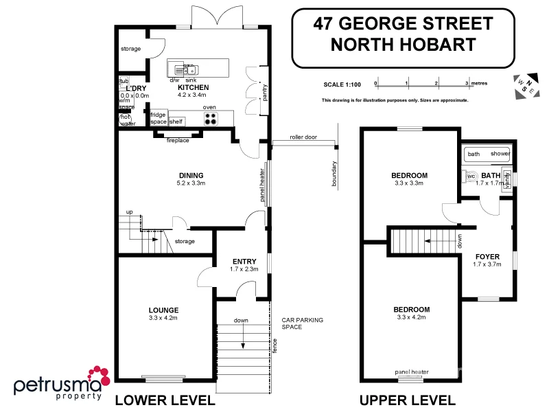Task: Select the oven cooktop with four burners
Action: coord(211,118)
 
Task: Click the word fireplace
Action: coord(178,140)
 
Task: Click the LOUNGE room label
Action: coord(163,310)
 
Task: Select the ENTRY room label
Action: coord(244,261)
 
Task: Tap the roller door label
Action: coord(303,137)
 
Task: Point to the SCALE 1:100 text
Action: coord(342,84)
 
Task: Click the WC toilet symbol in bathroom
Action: coord(471,176)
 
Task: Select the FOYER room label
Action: coord(487,257)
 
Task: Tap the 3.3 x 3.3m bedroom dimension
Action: coord(410,183)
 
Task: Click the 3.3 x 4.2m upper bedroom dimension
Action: coord(412,317)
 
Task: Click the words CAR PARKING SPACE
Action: coord(302,323)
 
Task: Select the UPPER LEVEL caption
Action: coord(407,400)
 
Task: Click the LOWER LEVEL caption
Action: coord(165,400)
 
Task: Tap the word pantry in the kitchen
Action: coord(264,91)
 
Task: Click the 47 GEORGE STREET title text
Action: coord(403,24)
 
